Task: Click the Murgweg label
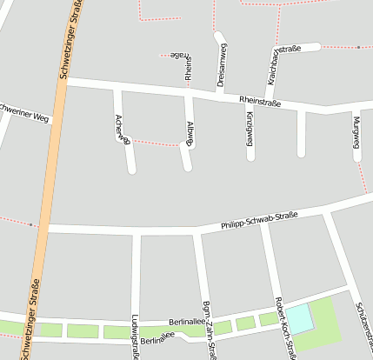click(x=356, y=137)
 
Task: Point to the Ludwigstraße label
click(x=135, y=336)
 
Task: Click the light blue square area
click(x=299, y=319)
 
